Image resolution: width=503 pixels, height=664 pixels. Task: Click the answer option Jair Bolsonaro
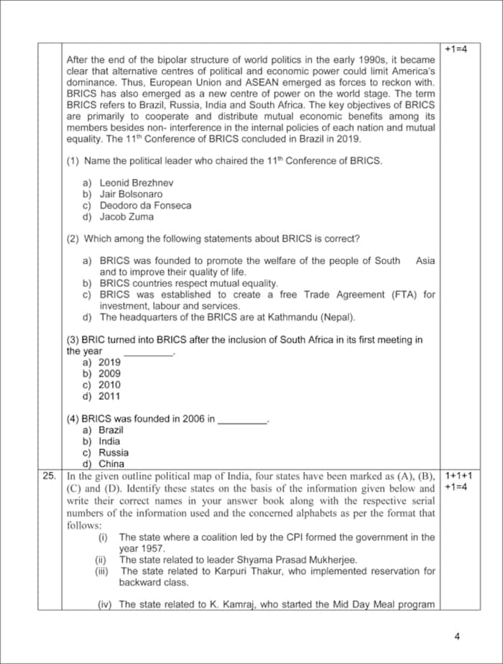[x=131, y=194]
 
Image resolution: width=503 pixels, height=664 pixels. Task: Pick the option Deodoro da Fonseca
[x=145, y=205]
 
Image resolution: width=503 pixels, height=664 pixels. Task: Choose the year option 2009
[x=109, y=373]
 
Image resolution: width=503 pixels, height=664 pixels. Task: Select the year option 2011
[x=109, y=396]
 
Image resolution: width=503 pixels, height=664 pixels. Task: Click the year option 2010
[x=109, y=385]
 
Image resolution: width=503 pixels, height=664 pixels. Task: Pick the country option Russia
[x=114, y=452]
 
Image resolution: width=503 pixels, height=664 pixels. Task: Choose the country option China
[x=111, y=464]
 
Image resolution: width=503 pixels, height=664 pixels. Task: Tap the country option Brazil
[x=111, y=429]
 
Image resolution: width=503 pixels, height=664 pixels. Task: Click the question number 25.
[x=49, y=476]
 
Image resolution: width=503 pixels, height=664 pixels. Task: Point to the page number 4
[x=457, y=636]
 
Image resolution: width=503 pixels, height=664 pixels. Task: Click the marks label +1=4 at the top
[x=456, y=49]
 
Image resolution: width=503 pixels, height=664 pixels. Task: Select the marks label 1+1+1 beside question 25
[x=458, y=476]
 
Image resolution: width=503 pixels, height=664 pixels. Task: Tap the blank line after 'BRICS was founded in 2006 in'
[x=242, y=419]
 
